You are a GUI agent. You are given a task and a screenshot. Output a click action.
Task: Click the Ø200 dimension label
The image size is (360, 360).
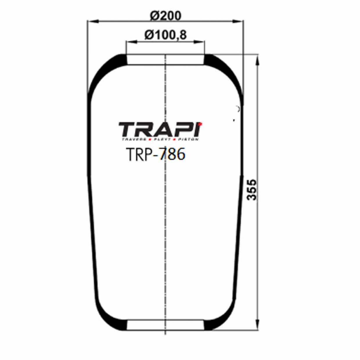pos(165,16)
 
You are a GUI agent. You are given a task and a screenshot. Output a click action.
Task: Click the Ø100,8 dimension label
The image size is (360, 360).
pos(165,35)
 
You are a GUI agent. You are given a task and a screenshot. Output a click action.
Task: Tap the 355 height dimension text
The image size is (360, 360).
pos(252,190)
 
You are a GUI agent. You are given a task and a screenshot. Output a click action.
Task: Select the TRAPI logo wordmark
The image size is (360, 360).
pos(160,129)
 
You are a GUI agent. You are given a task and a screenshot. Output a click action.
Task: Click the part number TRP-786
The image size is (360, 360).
pos(156,154)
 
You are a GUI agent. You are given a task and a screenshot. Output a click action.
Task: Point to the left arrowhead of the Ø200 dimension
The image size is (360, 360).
pos(90,21)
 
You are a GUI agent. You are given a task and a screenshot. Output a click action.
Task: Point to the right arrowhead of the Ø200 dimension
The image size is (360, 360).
pos(241,21)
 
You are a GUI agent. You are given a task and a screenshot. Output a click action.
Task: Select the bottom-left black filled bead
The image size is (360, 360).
pos(119,325)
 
